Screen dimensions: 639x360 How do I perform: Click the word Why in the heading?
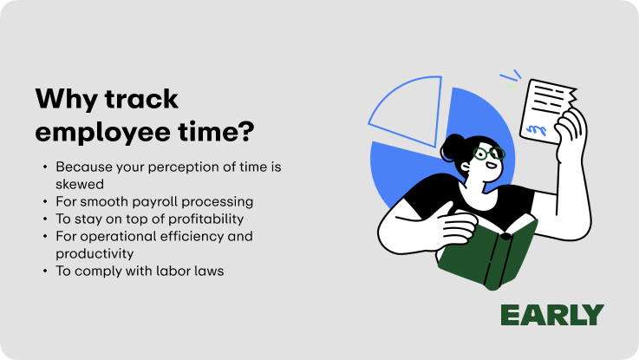[x=67, y=99]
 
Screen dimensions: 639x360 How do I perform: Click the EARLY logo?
[x=552, y=315]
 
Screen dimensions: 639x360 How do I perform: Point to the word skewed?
[x=80, y=184]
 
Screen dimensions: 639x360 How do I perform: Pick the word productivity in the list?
[x=95, y=254]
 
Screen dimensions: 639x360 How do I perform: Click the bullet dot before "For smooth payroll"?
[x=45, y=201]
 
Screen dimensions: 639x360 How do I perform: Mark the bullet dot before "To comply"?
[x=45, y=271]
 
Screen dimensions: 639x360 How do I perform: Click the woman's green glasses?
[x=489, y=154]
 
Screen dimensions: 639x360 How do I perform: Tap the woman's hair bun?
[x=452, y=147]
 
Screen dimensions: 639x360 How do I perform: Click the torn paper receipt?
[x=546, y=110]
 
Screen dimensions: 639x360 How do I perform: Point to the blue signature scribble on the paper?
[x=537, y=130]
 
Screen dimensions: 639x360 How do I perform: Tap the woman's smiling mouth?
[x=492, y=166]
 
